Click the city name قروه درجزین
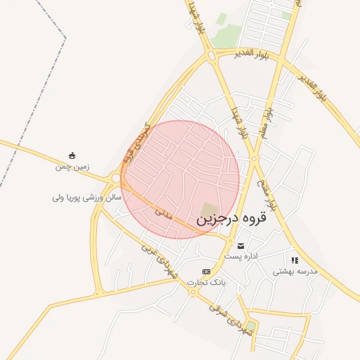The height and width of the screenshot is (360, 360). [x=233, y=219]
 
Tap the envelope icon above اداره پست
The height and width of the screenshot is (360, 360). [x=242, y=246]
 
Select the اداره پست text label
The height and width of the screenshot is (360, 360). [x=241, y=257]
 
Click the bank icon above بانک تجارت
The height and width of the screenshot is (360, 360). [x=206, y=271]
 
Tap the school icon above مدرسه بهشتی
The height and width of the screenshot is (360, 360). [x=295, y=260]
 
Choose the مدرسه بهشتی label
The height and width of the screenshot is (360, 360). [x=295, y=271]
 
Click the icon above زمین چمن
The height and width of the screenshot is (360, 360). [x=72, y=155]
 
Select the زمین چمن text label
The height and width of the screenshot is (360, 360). [x=72, y=167]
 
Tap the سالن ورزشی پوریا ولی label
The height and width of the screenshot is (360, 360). [x=87, y=198]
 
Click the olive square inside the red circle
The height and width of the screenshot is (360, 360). [x=209, y=210]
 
